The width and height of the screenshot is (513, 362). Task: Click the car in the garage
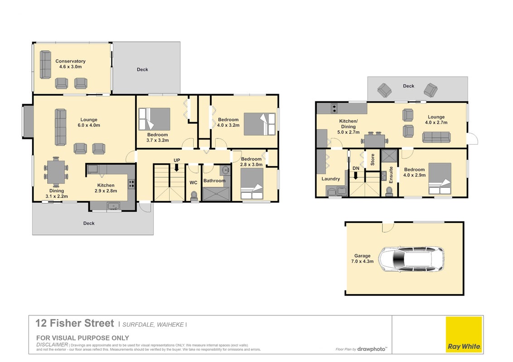point(411,259)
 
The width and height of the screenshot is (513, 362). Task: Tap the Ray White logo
point(464,334)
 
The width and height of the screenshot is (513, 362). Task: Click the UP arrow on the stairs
point(177,167)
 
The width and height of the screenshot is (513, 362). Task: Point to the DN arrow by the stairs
point(356,176)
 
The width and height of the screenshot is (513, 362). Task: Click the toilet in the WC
point(194,195)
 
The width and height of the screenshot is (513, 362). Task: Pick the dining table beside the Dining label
point(56,172)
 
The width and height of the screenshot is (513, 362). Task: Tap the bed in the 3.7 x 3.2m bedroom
point(155,119)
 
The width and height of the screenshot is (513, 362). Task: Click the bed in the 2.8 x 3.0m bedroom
point(252,184)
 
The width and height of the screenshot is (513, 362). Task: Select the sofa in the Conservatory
point(45,65)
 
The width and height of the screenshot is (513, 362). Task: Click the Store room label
point(373,160)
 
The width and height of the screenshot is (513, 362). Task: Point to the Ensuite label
point(391,175)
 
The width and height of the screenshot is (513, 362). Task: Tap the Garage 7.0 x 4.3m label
point(362,258)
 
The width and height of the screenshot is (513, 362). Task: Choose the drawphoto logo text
point(372,349)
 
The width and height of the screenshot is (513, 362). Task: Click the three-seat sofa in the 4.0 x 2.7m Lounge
point(436,137)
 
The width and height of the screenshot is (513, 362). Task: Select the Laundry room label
point(331,179)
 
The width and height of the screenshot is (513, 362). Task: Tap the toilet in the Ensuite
point(389,191)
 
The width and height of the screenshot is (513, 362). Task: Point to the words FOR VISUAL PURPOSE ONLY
point(83,338)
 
